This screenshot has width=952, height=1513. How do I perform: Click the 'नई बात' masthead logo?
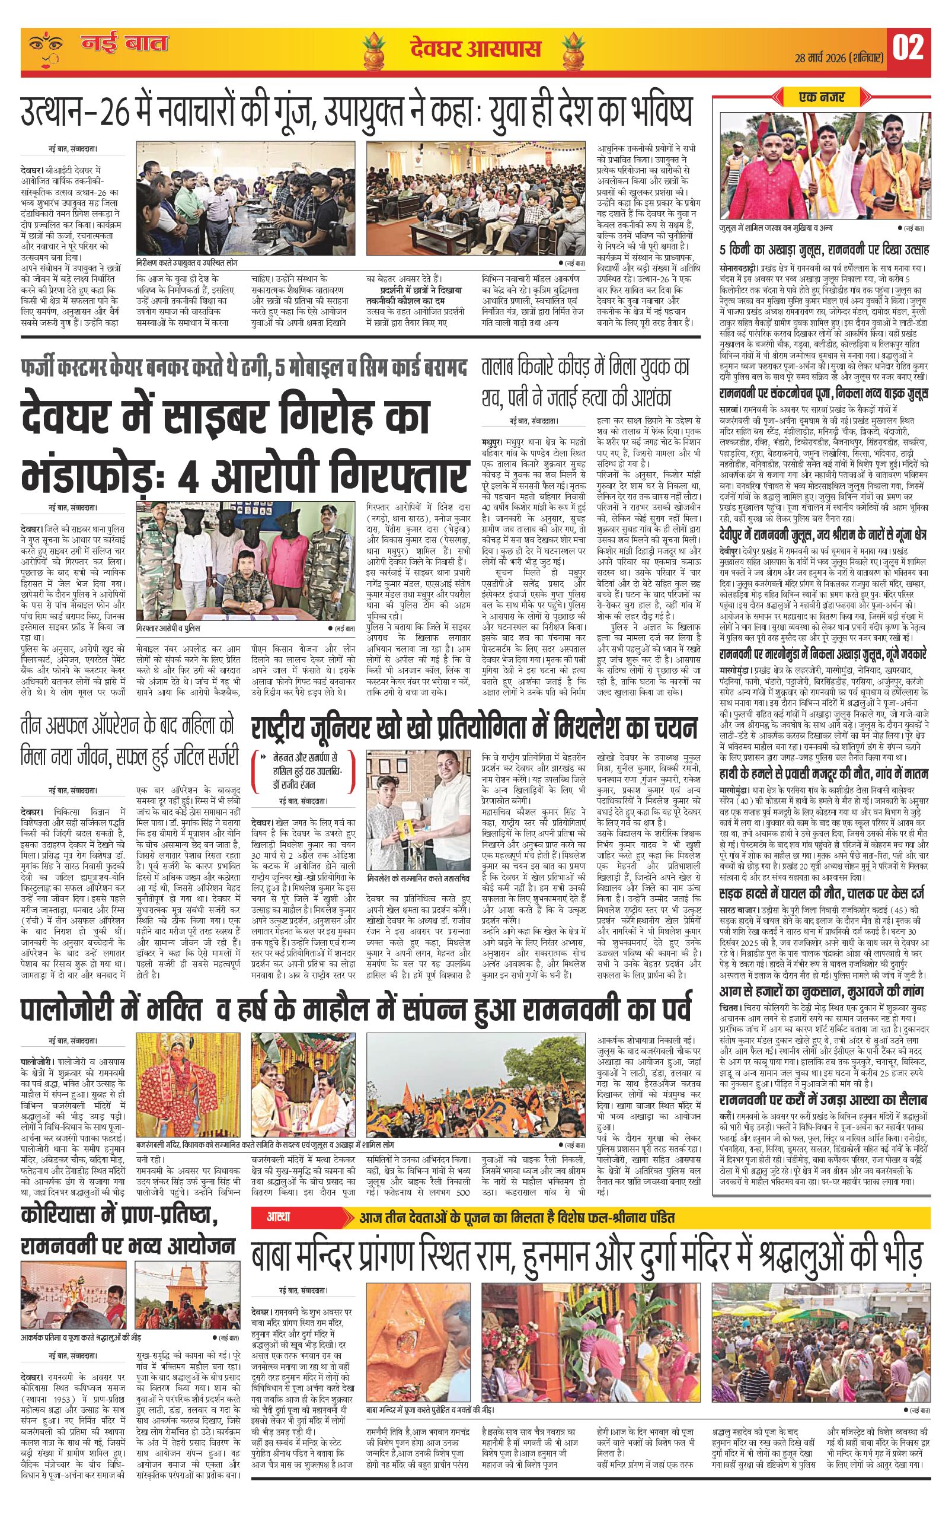pos(123,44)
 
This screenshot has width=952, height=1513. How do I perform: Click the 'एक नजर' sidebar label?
pos(822,97)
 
